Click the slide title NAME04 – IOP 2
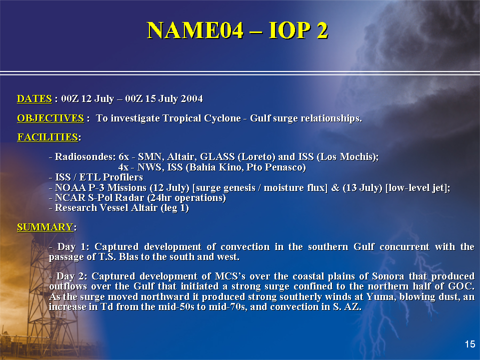click(237, 30)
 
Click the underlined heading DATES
click(34, 99)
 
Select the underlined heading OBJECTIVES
click(50, 118)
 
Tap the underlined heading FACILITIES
click(47, 137)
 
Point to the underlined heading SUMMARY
click(45, 227)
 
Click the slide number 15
click(470, 344)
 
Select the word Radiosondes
click(85, 156)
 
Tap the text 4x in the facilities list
click(123, 167)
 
